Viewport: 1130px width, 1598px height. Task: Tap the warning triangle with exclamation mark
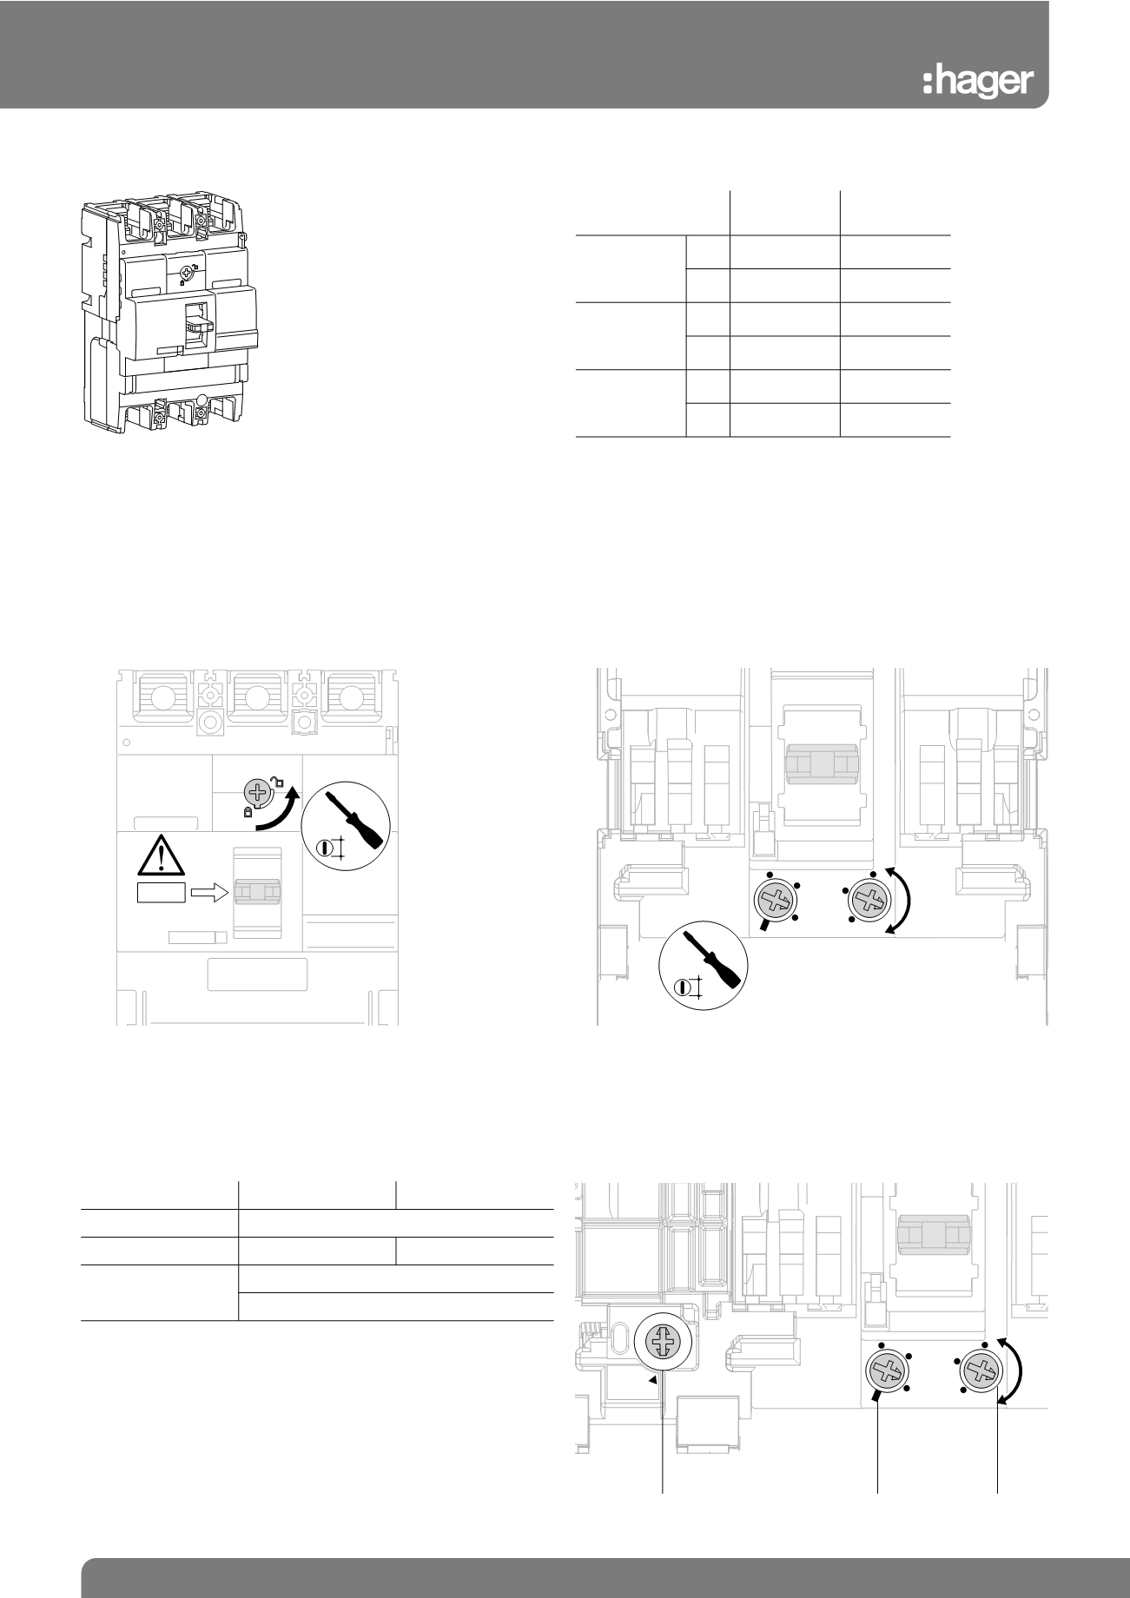tap(161, 855)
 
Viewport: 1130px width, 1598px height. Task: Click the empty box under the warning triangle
tap(162, 894)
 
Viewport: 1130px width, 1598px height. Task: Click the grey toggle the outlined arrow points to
tap(258, 893)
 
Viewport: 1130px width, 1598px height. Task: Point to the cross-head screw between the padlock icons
tap(256, 792)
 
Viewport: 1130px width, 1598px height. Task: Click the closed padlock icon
tap(248, 812)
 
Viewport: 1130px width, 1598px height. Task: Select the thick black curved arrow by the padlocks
tap(279, 807)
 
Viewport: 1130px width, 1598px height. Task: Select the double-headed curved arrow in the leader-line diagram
tap(1013, 1371)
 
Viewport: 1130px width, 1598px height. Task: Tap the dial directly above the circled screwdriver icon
tap(775, 902)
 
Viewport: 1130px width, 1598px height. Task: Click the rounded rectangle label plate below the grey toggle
tap(257, 974)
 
